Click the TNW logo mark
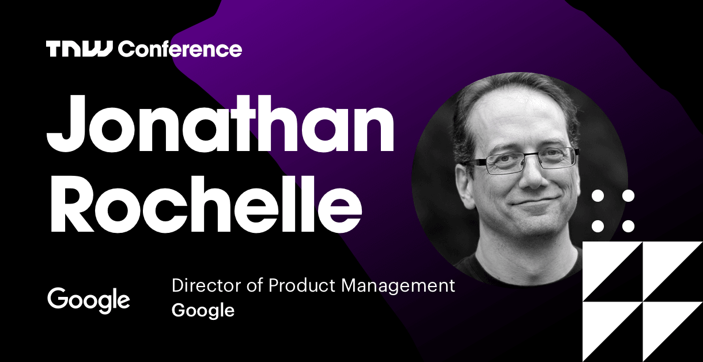[81, 49]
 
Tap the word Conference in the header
[180, 49]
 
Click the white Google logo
[89, 300]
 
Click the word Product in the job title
[300, 285]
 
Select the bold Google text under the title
[203, 311]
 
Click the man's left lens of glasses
[553, 157]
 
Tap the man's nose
[530, 176]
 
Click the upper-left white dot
[598, 196]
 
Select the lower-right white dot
[628, 225]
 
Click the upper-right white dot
[628, 196]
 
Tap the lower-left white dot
[598, 225]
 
